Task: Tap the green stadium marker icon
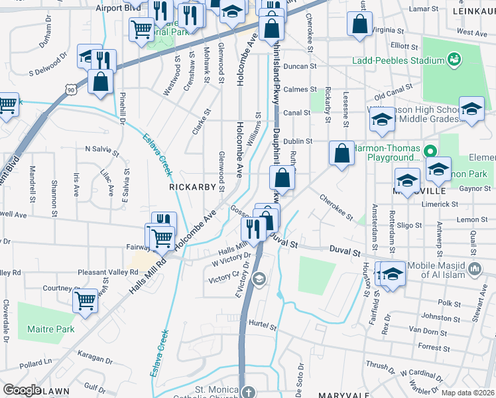454,60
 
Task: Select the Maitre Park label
50,329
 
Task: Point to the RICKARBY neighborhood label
192,187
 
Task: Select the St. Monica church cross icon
249,391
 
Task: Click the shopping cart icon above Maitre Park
86,300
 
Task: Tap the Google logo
22,390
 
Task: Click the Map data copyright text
467,393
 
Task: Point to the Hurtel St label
262,324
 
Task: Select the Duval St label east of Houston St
345,252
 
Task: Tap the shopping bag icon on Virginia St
359,23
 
